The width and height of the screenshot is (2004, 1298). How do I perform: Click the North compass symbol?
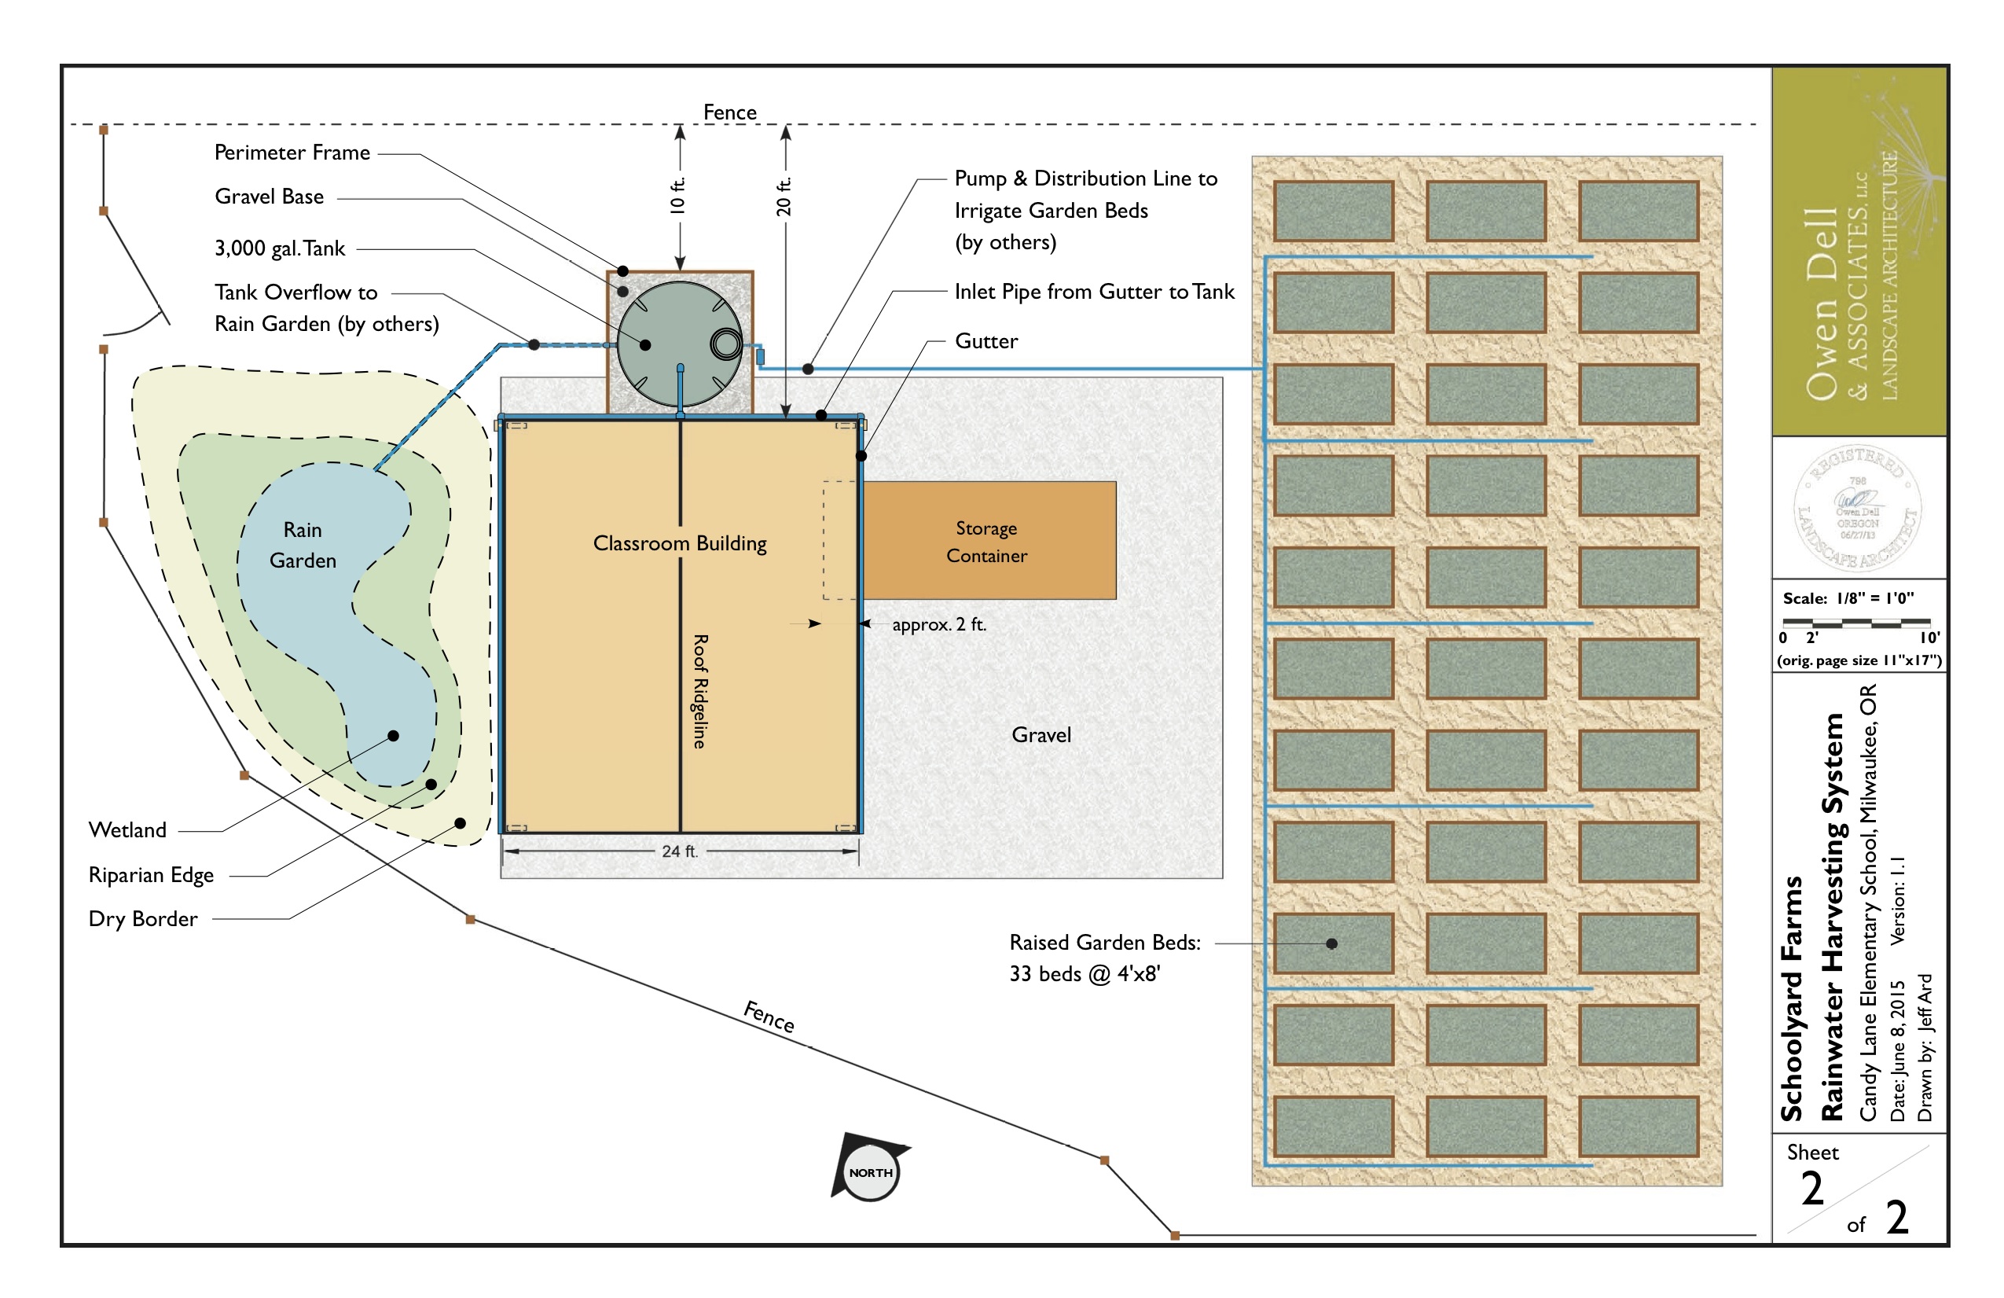(x=869, y=1170)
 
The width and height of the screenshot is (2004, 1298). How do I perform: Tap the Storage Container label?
(x=986, y=542)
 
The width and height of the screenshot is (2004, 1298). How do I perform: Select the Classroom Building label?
(x=680, y=543)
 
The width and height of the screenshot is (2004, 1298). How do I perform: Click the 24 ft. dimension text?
(x=680, y=851)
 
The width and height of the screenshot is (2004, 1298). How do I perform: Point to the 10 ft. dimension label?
(x=677, y=196)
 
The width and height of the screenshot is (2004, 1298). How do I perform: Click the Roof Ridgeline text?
(x=699, y=691)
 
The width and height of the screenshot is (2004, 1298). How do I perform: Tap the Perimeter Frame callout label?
(x=292, y=153)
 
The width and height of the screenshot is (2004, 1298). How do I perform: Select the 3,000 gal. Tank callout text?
(x=280, y=248)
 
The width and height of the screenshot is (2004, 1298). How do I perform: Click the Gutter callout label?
(x=986, y=341)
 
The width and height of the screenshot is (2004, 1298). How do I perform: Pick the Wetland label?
(x=128, y=830)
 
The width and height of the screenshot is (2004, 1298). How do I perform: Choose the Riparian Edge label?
(x=152, y=875)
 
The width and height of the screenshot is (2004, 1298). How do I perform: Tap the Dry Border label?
(x=143, y=919)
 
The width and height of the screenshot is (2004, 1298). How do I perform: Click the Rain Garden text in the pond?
(x=303, y=545)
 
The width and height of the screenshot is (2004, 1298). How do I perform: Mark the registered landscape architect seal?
(x=1858, y=508)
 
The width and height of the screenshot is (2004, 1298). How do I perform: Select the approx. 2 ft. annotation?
(x=939, y=625)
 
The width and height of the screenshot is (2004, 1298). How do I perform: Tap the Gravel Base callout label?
(x=270, y=197)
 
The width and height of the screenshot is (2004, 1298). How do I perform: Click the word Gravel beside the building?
(x=1041, y=735)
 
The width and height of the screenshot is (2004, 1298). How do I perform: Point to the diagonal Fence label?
(x=769, y=1017)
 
